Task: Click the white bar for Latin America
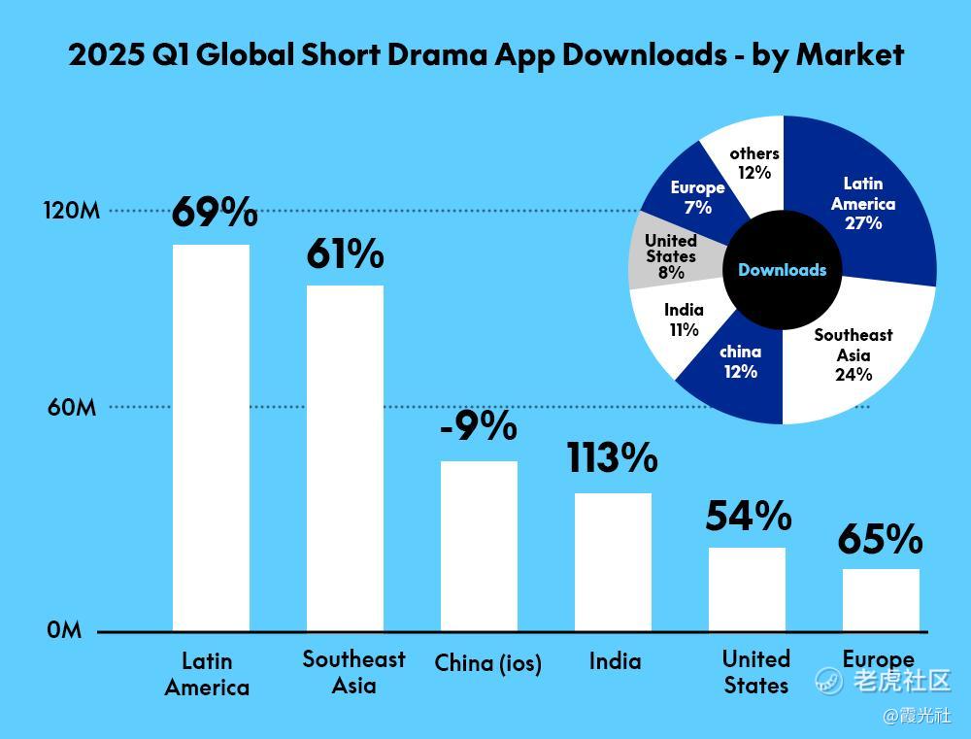point(211,437)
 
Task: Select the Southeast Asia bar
point(345,457)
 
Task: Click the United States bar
point(747,588)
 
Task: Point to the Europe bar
point(881,599)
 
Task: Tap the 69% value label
point(215,212)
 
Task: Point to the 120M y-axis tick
point(72,211)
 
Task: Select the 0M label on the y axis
point(64,630)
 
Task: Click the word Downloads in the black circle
point(783,270)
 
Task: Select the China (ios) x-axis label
point(487,663)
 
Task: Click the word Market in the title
point(850,54)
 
